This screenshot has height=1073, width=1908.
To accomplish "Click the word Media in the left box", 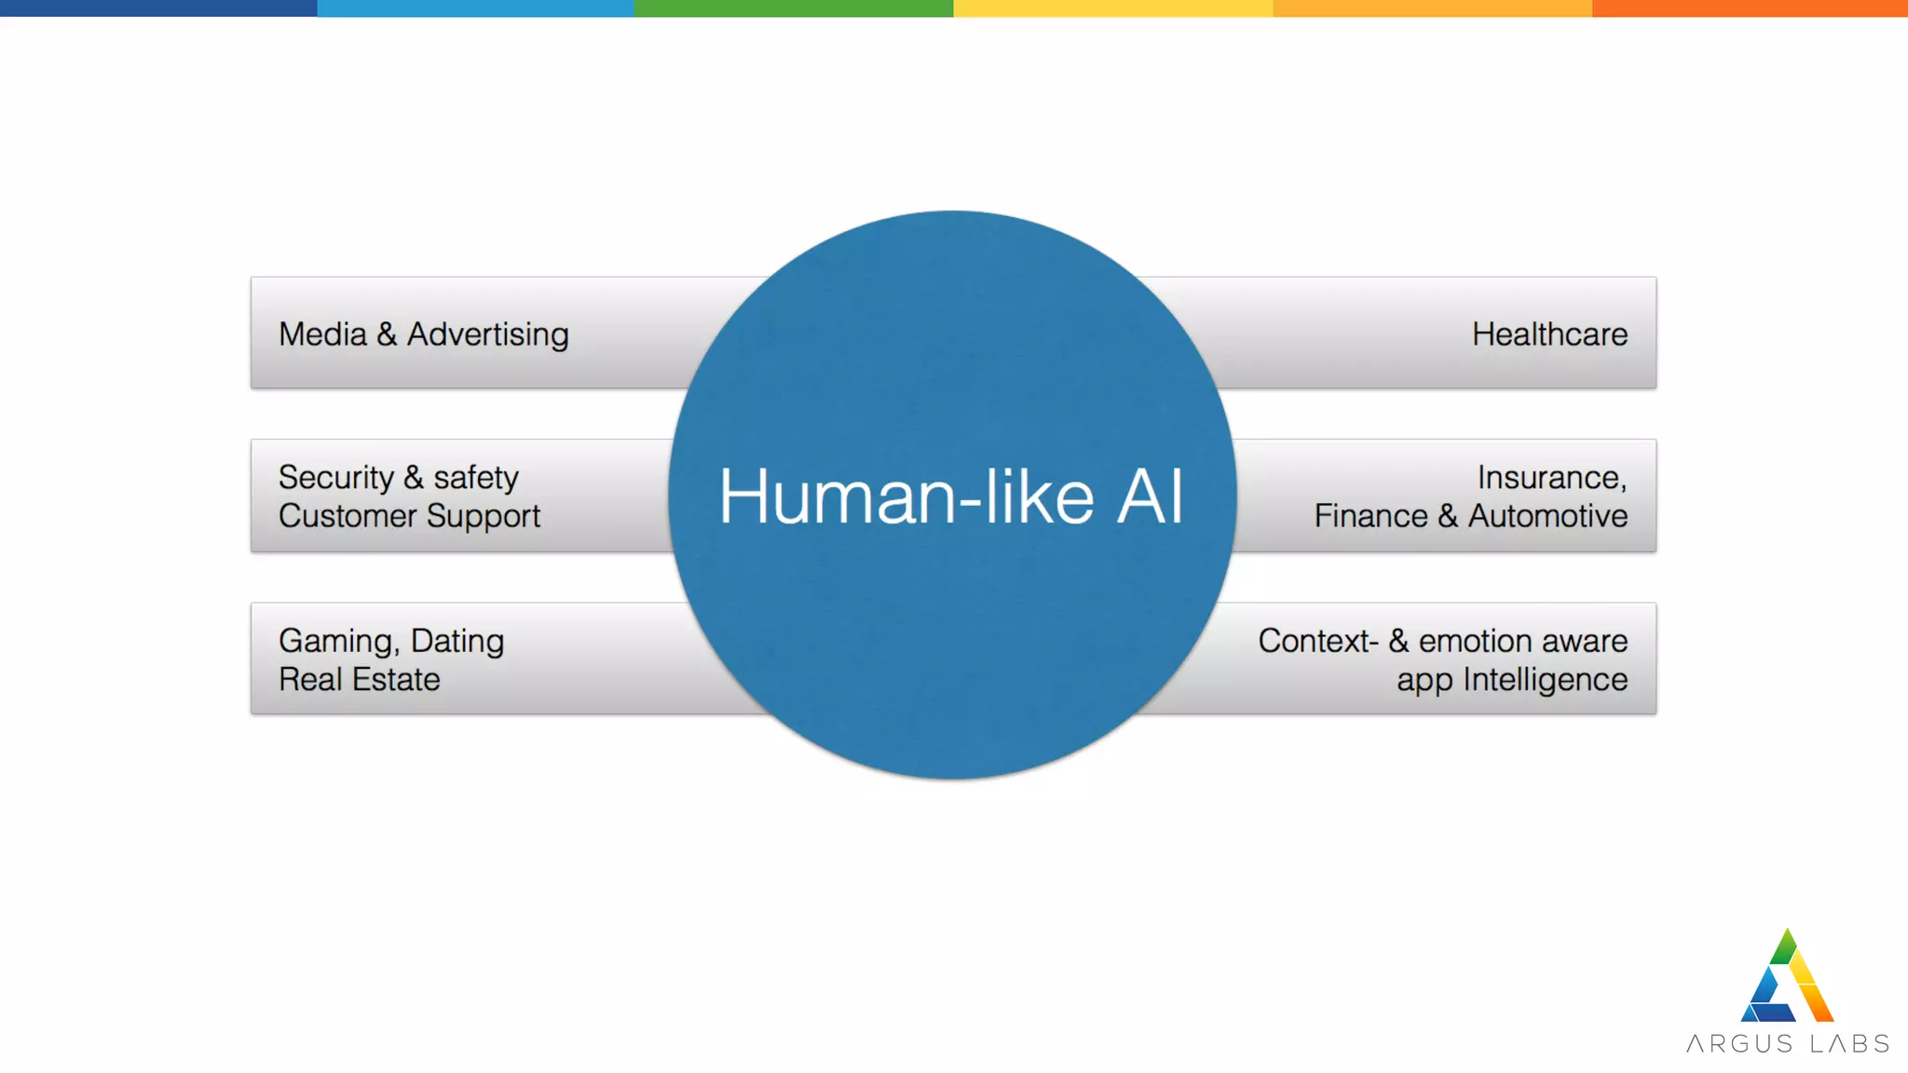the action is click(x=322, y=334).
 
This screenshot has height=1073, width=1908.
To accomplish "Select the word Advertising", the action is click(x=487, y=334).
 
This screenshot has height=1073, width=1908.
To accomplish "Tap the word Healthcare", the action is click(x=1549, y=334).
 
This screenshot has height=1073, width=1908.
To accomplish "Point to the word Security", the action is click(x=335, y=478).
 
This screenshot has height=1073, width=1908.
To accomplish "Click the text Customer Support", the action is click(x=409, y=517).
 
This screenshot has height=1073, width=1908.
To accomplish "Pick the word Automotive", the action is click(x=1547, y=516).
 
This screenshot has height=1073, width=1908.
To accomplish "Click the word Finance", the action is click(x=1370, y=516).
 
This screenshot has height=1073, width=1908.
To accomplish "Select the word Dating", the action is click(x=457, y=642).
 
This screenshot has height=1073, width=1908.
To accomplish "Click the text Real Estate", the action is click(x=359, y=680).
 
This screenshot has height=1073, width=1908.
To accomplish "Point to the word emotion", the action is click(x=1474, y=641).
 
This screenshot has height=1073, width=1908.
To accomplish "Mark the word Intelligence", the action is click(x=1545, y=680).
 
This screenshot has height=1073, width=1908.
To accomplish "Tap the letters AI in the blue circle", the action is click(x=1151, y=496).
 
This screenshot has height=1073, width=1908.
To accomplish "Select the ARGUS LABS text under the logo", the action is click(x=1788, y=1044).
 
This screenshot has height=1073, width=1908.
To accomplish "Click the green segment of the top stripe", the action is click(x=794, y=8).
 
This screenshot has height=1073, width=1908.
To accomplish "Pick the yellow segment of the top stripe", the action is click(x=1113, y=8).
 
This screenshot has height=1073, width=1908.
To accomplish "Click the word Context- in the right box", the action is click(x=1317, y=641).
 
